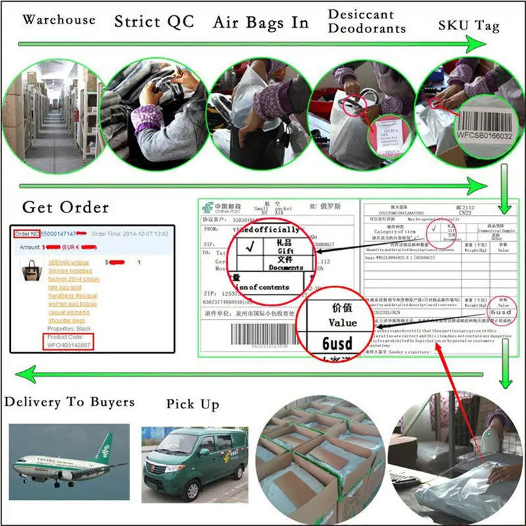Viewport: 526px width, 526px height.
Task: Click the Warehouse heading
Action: [x=59, y=19]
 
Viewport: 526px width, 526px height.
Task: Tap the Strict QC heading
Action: [x=155, y=21]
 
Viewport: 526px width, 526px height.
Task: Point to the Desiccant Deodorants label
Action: [x=366, y=21]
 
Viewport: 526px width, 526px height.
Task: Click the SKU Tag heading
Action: [x=469, y=26]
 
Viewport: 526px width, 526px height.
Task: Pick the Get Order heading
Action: [x=65, y=208]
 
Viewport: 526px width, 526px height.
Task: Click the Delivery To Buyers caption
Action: [x=69, y=402]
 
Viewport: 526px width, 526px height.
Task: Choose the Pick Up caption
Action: [x=192, y=404]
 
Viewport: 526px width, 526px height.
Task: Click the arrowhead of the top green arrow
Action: [x=475, y=45]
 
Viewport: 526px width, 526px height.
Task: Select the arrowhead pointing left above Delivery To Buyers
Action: [x=26, y=375]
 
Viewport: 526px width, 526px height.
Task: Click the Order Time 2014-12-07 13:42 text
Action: [x=130, y=233]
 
